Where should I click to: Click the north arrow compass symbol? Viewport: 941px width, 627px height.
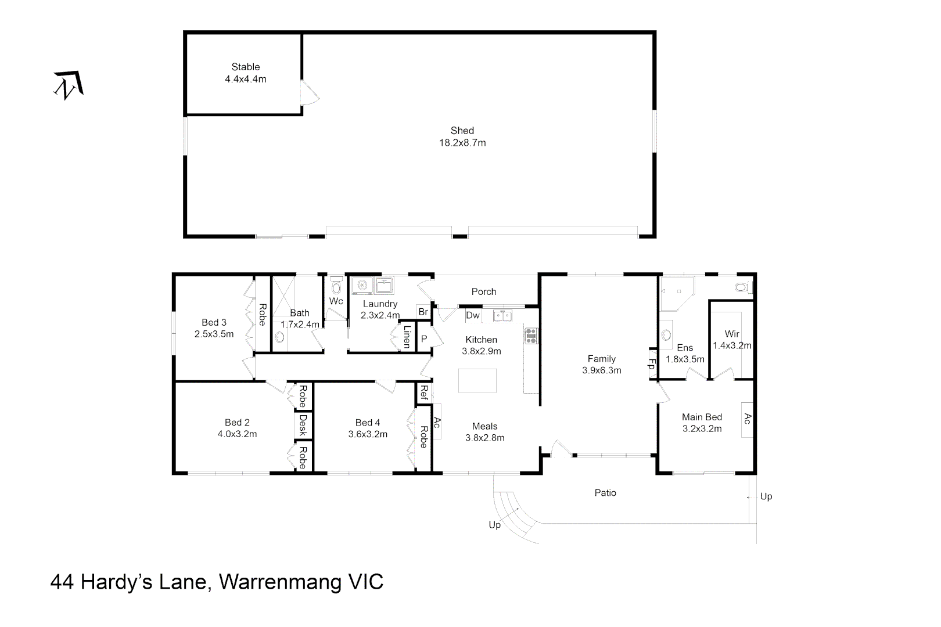[x=68, y=85]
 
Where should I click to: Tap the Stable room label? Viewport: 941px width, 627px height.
[x=246, y=67]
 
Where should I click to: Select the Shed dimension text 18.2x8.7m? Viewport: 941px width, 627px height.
[x=462, y=143]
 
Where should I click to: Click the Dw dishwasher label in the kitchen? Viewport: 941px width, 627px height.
[x=473, y=315]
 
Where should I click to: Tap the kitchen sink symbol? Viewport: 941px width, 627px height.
[x=502, y=315]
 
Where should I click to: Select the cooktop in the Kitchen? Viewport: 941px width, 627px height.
[x=531, y=336]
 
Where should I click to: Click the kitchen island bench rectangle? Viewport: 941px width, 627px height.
[x=477, y=380]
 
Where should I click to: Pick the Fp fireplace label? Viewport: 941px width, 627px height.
[x=652, y=364]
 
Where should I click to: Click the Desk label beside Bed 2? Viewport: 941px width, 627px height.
[x=303, y=425]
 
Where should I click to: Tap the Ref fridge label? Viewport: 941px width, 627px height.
[x=424, y=392]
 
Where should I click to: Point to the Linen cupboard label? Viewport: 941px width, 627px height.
[x=407, y=336]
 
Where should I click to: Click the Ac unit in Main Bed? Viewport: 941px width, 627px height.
[x=747, y=420]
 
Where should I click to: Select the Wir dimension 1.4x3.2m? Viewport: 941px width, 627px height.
[x=732, y=345]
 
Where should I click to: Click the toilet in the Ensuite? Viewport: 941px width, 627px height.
[x=743, y=287]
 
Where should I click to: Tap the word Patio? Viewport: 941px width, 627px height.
[x=605, y=493]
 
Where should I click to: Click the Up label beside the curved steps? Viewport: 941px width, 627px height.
[x=494, y=525]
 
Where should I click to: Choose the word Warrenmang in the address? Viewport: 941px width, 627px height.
[x=280, y=582]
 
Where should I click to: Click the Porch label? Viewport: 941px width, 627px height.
[x=484, y=291]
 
